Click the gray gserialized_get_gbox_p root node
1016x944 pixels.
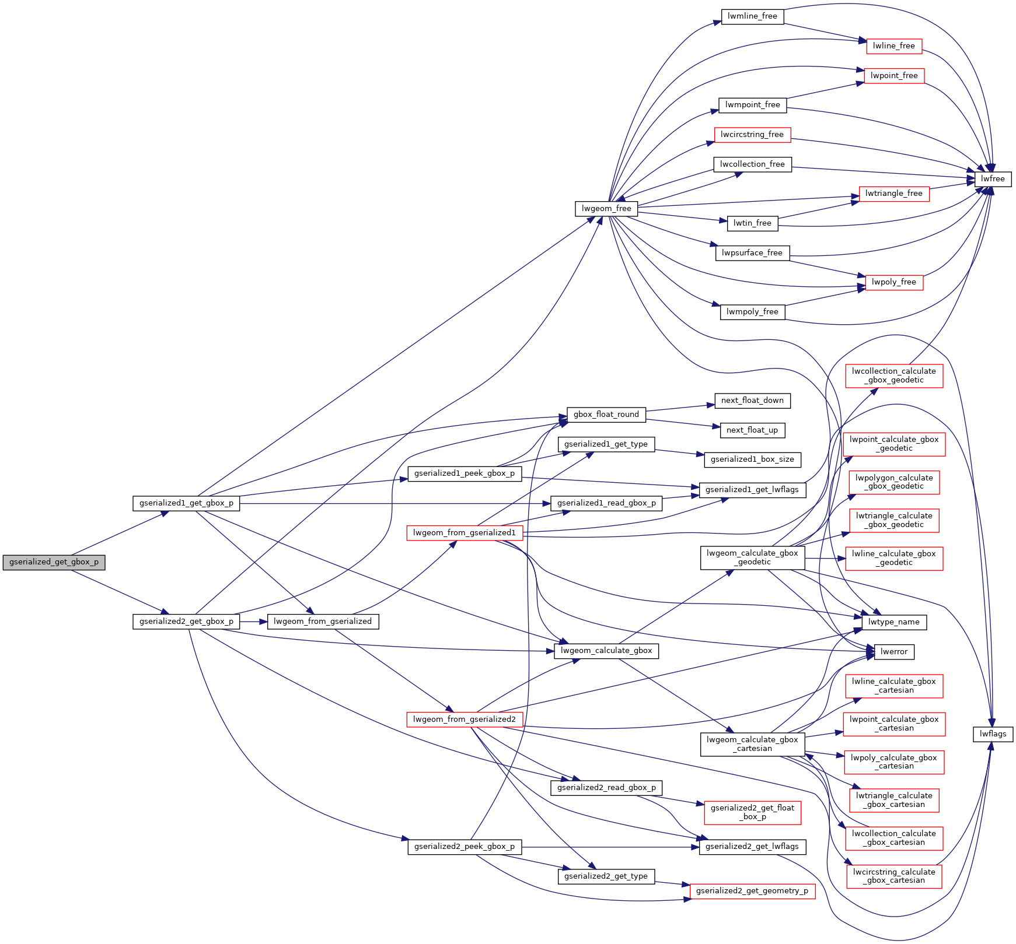pyautogui.click(x=54, y=562)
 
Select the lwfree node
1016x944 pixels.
pyautogui.click(x=993, y=179)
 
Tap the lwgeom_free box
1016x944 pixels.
pyautogui.click(x=606, y=209)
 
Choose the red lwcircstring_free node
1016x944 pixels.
pyautogui.click(x=752, y=135)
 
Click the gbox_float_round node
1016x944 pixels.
pyautogui.click(x=606, y=415)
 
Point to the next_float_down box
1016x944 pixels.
pyautogui.click(x=752, y=401)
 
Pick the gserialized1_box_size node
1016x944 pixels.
pyautogui.click(x=752, y=459)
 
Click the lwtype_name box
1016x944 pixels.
pyautogui.click(x=893, y=622)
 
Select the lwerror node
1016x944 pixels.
pyautogui.click(x=893, y=652)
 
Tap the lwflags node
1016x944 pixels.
pyautogui.click(x=993, y=734)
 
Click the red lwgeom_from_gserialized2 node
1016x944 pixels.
pyautogui.click(x=465, y=720)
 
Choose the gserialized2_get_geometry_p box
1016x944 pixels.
pyautogui.click(x=752, y=891)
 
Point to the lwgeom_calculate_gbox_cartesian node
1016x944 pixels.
pyautogui.click(x=752, y=744)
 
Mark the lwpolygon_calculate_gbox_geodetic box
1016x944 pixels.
pyautogui.click(x=894, y=482)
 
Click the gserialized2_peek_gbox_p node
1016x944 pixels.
pyautogui.click(x=465, y=847)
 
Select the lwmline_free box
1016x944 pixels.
pyautogui.click(x=752, y=16)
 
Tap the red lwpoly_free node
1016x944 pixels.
pyautogui.click(x=893, y=282)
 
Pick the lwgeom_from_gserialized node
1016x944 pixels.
pyautogui.click(x=323, y=622)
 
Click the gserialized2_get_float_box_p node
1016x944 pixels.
pyautogui.click(x=752, y=812)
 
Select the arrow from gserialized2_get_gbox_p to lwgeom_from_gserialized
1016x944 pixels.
pyautogui.click(x=253, y=622)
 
